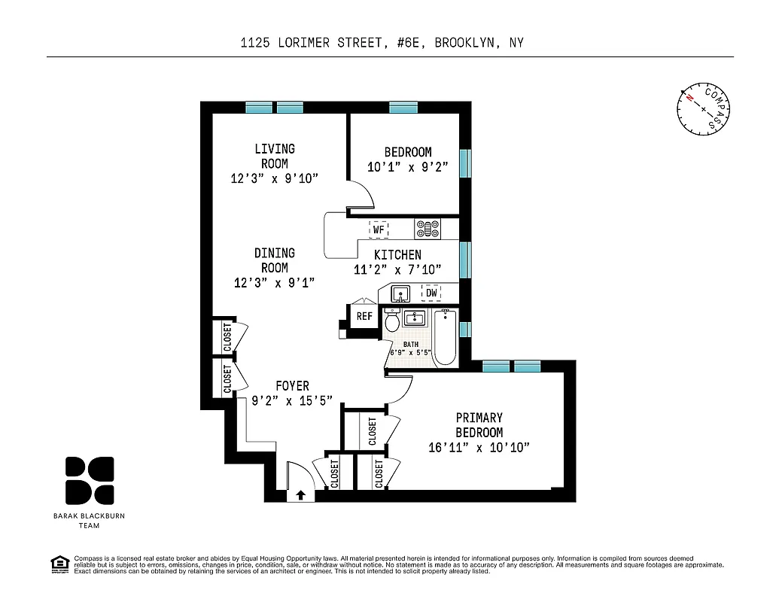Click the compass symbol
(704, 109)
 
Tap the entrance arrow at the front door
(300, 494)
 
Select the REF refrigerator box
(364, 317)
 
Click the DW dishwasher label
(431, 293)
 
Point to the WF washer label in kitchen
(379, 228)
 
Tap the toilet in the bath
(391, 322)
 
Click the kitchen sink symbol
(400, 293)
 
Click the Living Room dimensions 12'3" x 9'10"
(275, 178)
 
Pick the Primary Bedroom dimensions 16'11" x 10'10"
(479, 447)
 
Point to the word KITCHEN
(397, 255)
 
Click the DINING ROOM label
(274, 260)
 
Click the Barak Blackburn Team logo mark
(90, 480)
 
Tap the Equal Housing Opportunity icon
(58, 563)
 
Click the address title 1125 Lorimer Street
(381, 43)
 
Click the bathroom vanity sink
(414, 319)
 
